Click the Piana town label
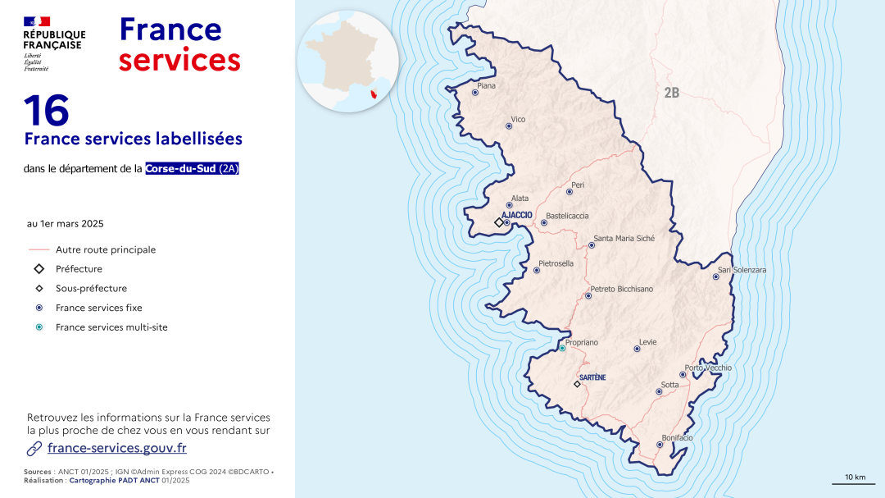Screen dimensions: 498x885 click(x=486, y=85)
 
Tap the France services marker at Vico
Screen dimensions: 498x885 click(x=509, y=126)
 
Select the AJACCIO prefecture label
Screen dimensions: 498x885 click(x=517, y=215)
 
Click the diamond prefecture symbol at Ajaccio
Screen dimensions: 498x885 click(x=498, y=222)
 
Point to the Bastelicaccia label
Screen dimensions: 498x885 click(x=567, y=216)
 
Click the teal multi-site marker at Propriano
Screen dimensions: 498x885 click(x=562, y=349)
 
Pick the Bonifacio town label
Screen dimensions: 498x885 click(x=677, y=438)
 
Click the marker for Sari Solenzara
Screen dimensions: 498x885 click(x=715, y=277)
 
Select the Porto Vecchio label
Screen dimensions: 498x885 click(x=708, y=368)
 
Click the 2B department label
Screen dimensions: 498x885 click(x=671, y=94)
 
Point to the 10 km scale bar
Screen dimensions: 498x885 click(x=854, y=482)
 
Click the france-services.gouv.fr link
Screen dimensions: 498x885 click(x=117, y=448)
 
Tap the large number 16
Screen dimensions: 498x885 click(x=46, y=111)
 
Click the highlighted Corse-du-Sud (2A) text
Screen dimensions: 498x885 click(x=192, y=169)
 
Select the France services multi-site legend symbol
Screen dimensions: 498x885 click(x=39, y=327)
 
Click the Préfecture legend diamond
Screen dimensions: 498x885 click(x=39, y=269)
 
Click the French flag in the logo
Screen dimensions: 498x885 click(x=37, y=21)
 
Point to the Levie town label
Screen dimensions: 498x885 click(x=647, y=342)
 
